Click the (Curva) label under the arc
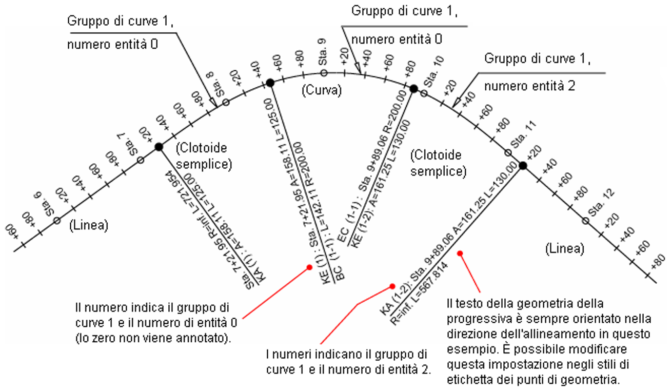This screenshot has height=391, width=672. (321, 91)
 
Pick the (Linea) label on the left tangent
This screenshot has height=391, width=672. (89, 225)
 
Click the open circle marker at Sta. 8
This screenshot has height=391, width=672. (226, 102)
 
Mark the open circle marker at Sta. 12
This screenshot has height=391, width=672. (585, 221)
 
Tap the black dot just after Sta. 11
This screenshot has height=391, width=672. (522, 165)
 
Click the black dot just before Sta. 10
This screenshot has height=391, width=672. (413, 89)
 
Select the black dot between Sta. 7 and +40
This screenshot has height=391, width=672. (159, 147)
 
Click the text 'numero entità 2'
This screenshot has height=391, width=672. (529, 86)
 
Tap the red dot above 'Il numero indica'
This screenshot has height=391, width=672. (309, 267)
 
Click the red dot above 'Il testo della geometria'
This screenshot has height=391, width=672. (460, 253)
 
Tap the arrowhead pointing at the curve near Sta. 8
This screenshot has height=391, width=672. (212, 102)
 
